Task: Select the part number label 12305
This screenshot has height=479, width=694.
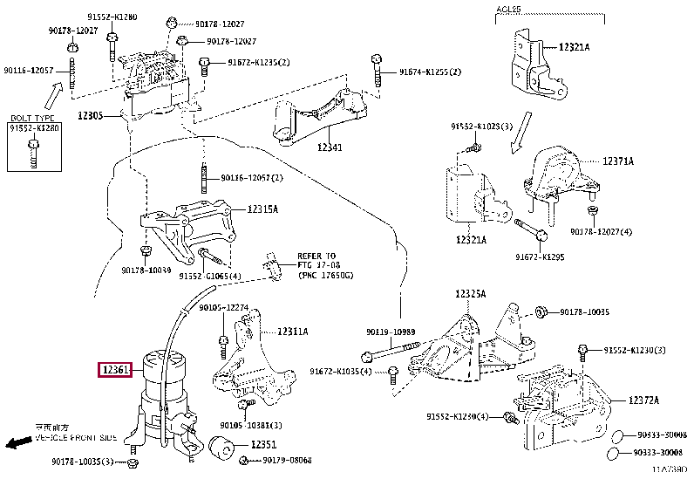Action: [90, 115]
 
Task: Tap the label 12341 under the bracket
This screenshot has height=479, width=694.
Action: [330, 148]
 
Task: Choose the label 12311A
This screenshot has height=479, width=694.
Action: [293, 332]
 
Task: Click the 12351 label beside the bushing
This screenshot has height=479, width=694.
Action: [264, 445]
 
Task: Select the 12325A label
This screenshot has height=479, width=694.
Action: [470, 293]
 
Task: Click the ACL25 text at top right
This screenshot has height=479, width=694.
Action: [508, 9]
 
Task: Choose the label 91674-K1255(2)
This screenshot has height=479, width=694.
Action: [430, 72]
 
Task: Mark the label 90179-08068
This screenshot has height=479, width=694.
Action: [287, 460]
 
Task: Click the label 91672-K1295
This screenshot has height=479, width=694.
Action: [540, 257]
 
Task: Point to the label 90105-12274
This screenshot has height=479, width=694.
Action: [224, 307]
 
